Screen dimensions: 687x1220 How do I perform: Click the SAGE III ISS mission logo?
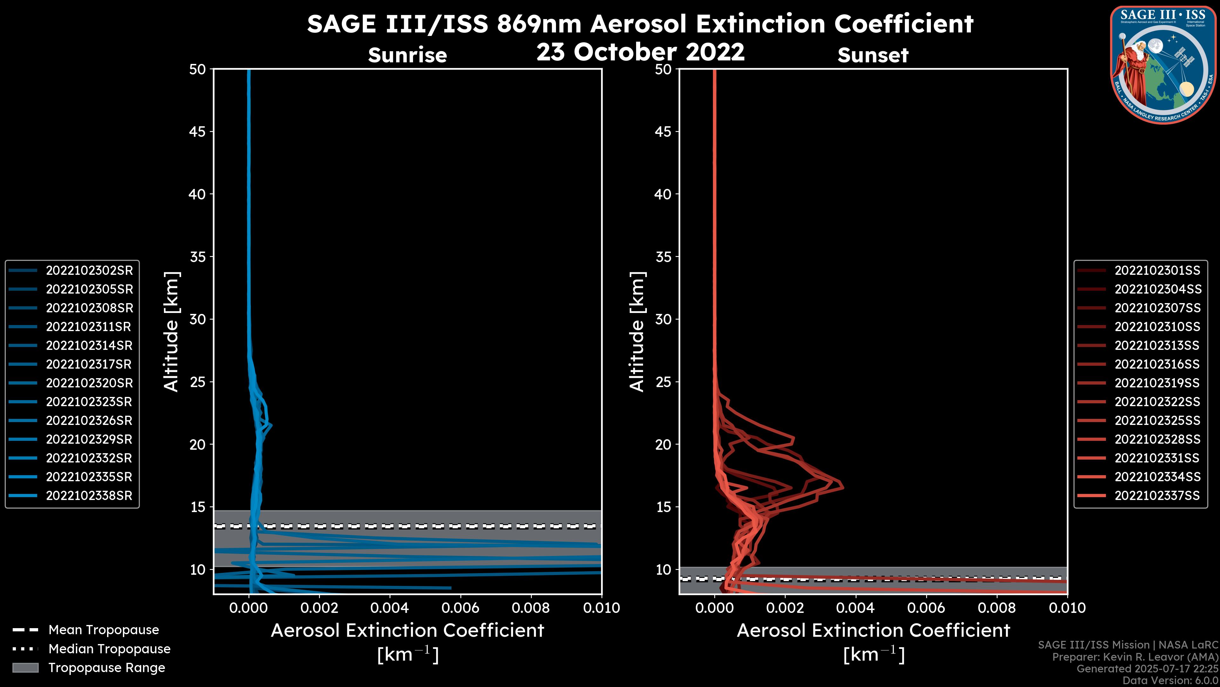pyautogui.click(x=1163, y=65)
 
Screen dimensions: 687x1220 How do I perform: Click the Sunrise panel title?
pyautogui.click(x=407, y=55)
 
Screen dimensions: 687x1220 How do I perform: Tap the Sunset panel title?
pyautogui.click(x=873, y=55)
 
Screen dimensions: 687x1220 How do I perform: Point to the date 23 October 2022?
pyautogui.click(x=640, y=52)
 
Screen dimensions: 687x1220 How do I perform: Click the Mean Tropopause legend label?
pyautogui.click(x=104, y=630)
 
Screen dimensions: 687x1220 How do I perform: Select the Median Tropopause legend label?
pyautogui.click(x=109, y=649)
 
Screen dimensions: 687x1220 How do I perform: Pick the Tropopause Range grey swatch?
pyautogui.click(x=25, y=668)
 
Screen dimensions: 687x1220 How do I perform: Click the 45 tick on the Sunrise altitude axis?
pyautogui.click(x=198, y=131)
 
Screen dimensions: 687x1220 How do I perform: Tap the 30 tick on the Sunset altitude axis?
pyautogui.click(x=663, y=319)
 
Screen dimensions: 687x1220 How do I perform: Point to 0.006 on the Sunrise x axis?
pyautogui.click(x=460, y=608)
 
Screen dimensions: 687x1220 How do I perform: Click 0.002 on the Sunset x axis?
pyautogui.click(x=785, y=608)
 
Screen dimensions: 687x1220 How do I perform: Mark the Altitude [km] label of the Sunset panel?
pyautogui.click(x=637, y=332)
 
